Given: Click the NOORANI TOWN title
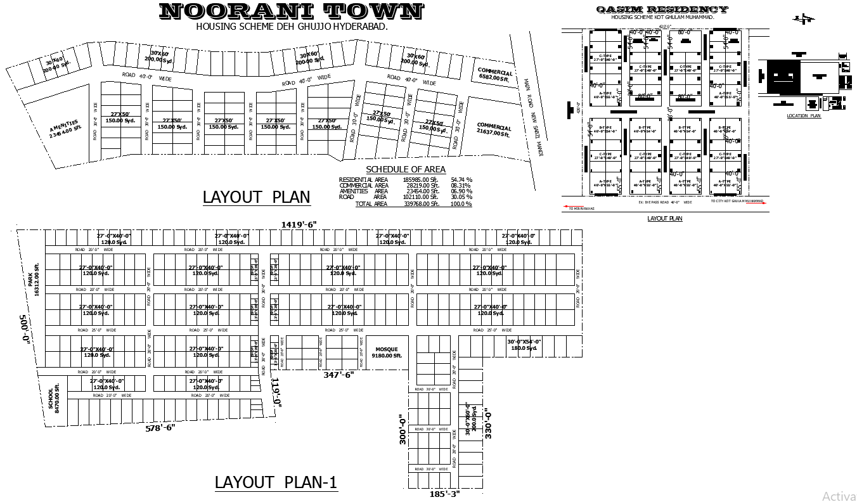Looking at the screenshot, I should (x=291, y=11).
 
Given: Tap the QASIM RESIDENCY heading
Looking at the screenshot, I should (x=662, y=10).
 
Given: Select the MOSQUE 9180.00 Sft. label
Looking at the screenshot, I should (x=387, y=352).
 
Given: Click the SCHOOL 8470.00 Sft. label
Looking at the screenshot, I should (x=54, y=398).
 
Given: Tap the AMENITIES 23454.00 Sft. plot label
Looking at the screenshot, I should (x=65, y=129).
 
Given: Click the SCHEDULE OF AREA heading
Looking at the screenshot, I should (x=406, y=169).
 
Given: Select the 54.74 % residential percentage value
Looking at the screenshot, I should (x=461, y=180).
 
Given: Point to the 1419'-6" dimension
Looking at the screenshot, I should (x=299, y=224).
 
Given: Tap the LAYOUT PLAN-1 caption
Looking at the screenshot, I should (x=276, y=482).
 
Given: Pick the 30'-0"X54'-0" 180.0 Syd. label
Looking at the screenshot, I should (x=524, y=345).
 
